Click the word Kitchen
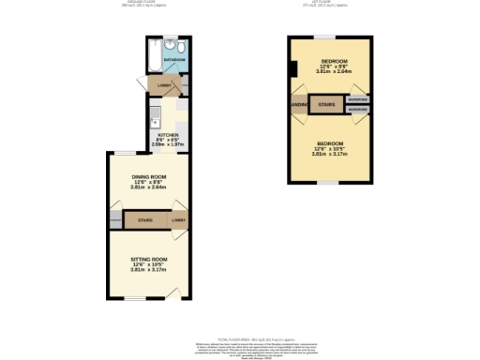click(x=168, y=135)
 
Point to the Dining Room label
click(x=148, y=177)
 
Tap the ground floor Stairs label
click(x=145, y=221)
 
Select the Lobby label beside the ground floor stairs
click(x=178, y=221)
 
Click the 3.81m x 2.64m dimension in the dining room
click(x=148, y=188)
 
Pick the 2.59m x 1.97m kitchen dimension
click(x=168, y=145)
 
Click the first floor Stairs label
click(x=326, y=103)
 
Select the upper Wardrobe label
click(x=357, y=98)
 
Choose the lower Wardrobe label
click(x=357, y=109)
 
